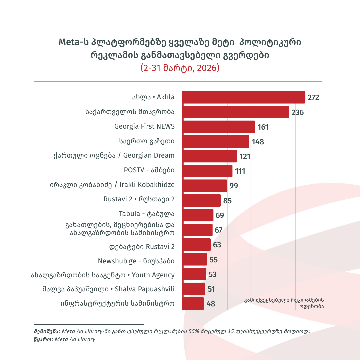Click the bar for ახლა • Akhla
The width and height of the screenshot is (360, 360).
point(243,97)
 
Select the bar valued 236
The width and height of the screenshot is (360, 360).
point(235,112)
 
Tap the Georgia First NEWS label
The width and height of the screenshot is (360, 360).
point(144,127)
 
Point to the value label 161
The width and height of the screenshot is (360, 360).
point(263,127)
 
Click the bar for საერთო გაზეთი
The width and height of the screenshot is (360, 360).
point(215,141)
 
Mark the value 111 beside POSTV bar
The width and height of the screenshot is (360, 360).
point(240,171)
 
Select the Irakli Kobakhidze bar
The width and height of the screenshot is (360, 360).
point(204,185)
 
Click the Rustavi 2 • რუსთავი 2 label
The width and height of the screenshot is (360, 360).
point(139,199)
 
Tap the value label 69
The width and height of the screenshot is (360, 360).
point(220,215)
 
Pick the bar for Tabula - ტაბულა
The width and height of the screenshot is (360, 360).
point(198,215)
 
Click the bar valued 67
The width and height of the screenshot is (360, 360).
point(197,230)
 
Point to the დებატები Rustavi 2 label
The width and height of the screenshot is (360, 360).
point(142,247)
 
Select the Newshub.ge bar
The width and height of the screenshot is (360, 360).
point(195,259)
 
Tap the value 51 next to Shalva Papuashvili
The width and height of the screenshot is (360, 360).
point(211,289)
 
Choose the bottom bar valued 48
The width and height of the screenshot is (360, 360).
point(193,303)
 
